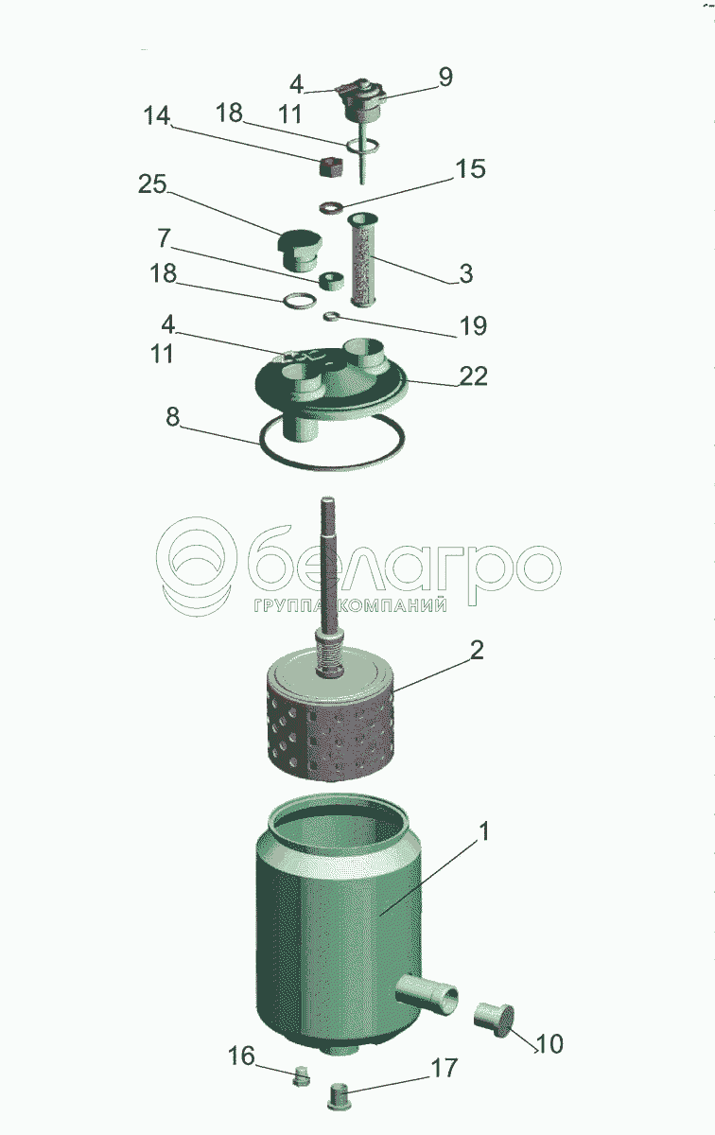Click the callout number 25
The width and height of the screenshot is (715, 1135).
(152, 183)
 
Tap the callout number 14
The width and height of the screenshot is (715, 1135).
(157, 115)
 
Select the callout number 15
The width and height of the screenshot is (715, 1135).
(471, 168)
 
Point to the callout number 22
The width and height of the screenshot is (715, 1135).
(474, 375)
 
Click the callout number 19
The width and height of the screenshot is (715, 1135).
(473, 325)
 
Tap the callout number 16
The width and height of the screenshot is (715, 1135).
(241, 1056)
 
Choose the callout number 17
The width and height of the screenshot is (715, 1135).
(444, 1068)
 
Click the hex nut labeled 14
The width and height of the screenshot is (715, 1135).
(332, 166)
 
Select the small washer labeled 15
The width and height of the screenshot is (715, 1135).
(331, 207)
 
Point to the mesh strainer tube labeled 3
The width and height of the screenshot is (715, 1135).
(363, 260)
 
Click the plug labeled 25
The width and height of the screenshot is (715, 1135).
(300, 251)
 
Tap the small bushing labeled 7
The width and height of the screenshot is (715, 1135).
(332, 281)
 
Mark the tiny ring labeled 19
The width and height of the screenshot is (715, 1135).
(332, 317)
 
